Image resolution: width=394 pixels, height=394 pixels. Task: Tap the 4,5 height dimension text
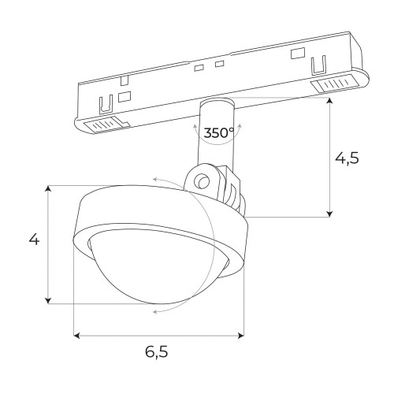(348, 158)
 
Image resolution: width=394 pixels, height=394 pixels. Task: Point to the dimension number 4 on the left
(34, 240)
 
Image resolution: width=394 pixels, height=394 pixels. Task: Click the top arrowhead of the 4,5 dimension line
(329, 102)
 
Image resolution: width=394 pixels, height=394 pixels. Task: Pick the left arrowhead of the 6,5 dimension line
(77, 336)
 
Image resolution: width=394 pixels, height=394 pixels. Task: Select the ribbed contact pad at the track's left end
(102, 124)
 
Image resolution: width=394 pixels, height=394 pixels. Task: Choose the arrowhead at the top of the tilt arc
(156, 180)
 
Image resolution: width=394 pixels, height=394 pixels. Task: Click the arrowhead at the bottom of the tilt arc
(156, 312)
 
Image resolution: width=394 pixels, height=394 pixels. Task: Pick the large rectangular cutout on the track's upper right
(297, 54)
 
